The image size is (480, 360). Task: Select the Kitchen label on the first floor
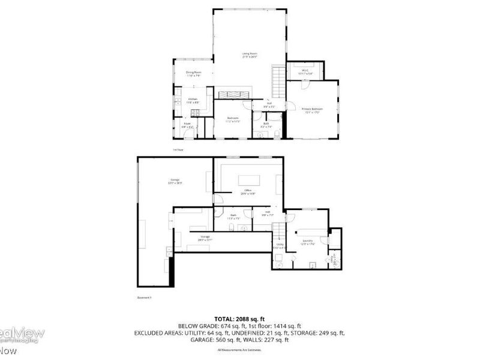coord(193,100)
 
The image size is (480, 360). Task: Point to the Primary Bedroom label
coord(313,110)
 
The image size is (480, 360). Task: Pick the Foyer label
coord(187,125)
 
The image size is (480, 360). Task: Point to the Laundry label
coord(308,242)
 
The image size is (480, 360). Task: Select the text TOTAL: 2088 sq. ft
coord(239,318)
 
